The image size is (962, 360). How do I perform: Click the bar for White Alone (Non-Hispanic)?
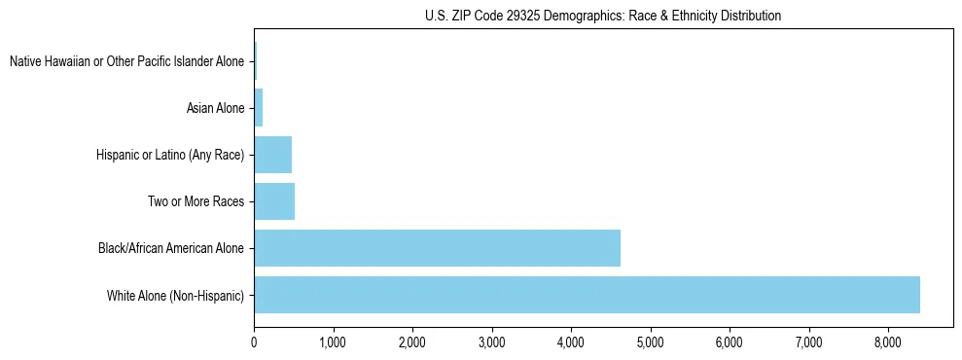587,295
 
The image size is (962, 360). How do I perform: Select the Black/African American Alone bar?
437,248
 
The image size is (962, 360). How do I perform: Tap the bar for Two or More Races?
274,201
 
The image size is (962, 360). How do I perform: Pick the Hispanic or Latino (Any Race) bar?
272,155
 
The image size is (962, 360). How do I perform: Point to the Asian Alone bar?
259,107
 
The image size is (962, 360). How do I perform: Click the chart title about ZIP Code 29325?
603,16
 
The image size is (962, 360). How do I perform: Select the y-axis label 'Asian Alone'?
216,107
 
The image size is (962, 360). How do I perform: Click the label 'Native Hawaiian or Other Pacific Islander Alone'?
126,61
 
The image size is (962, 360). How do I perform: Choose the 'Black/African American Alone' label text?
171,248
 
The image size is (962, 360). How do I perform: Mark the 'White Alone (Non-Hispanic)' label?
175,295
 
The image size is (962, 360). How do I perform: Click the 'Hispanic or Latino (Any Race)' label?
170,155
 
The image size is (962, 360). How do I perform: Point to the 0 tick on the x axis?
254,342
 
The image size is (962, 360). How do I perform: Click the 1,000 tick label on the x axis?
333,342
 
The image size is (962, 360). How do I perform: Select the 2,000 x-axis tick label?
412,342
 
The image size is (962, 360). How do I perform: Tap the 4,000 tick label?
571,342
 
